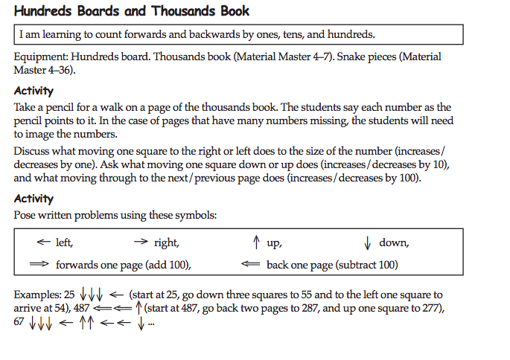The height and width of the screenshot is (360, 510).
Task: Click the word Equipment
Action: (40, 57)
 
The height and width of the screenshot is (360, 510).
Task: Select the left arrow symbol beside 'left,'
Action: (43, 242)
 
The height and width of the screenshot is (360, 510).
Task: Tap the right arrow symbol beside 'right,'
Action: (141, 242)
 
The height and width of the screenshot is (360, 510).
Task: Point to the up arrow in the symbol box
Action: (255, 242)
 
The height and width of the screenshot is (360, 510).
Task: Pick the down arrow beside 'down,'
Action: (367, 242)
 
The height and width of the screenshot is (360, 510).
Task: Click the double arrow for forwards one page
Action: (39, 265)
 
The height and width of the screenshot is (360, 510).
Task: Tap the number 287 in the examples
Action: (263, 307)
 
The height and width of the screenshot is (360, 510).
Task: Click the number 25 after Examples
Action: (69, 295)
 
